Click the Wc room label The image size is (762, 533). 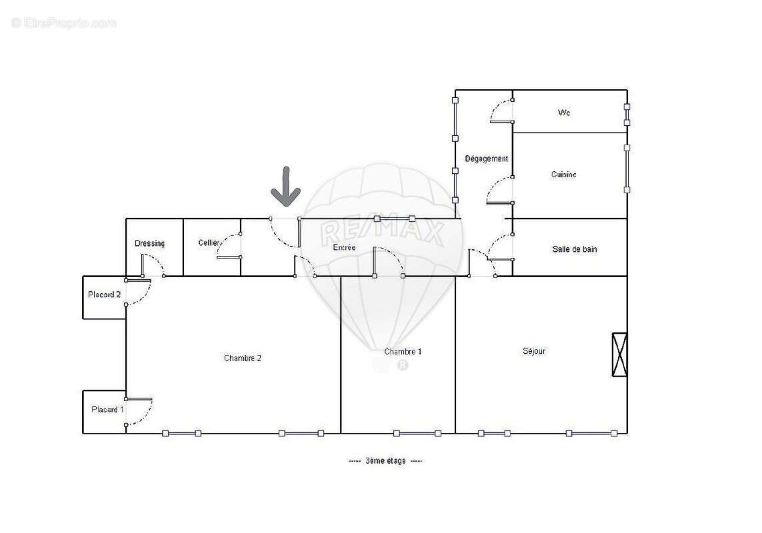pos(564,113)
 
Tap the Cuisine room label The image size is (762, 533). pos(564,175)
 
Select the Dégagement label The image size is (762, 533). pos(486,159)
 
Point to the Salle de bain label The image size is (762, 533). pos(575,249)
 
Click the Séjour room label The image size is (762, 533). pos(534,350)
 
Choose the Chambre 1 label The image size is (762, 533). pos(403,351)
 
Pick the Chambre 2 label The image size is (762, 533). pos(242,358)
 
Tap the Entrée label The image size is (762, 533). pos(344,247)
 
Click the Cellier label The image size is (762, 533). pos(209,243)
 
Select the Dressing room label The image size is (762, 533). pos(149,243)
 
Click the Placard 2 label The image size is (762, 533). pos(104,294)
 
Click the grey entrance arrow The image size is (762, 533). pos(285,186)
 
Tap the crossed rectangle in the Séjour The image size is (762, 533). pos(619,354)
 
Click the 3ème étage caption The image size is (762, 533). pos(385,461)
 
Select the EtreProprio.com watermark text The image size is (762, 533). pos(64,23)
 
